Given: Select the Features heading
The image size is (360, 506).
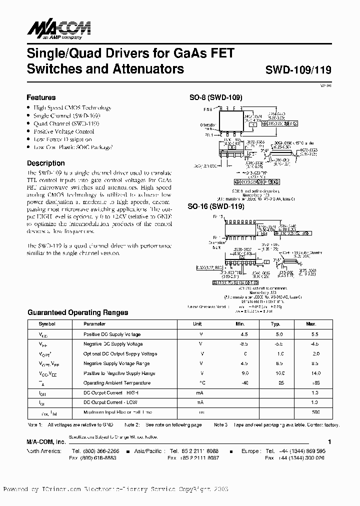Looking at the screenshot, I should pyautogui.click(x=41, y=97).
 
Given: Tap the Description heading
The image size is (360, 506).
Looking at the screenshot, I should pyautogui.click(x=45, y=163).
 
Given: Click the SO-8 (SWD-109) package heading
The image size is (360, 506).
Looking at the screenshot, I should pyautogui.click(x=215, y=98).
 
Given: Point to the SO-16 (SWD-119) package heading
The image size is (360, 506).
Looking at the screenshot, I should pyautogui.click(x=215, y=206).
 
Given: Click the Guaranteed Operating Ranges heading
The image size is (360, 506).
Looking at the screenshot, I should pyautogui.click(x=77, y=312).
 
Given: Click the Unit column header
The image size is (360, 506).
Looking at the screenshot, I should pyautogui.click(x=197, y=324).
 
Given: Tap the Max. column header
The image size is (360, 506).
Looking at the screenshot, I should pyautogui.click(x=311, y=324).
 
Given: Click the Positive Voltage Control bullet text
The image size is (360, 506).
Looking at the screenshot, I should pyautogui.click(x=63, y=131).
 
